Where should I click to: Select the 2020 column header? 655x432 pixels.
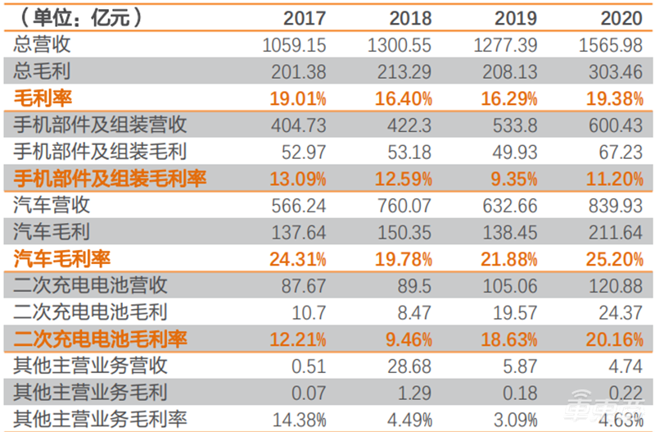pos(616,17)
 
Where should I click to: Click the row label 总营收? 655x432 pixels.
pos(40,44)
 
